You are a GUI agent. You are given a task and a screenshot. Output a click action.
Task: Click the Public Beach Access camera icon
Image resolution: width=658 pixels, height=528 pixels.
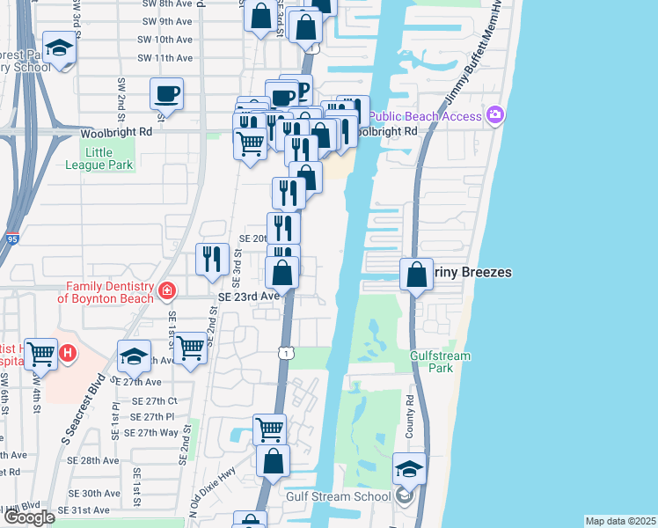[495, 116]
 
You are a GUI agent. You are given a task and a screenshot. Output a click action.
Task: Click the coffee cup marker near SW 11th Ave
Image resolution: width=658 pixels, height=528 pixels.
[167, 93]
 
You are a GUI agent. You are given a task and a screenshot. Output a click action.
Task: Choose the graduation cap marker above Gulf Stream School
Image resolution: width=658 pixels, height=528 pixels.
[409, 468]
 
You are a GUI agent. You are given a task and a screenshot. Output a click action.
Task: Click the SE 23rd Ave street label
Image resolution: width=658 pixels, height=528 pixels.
[249, 297]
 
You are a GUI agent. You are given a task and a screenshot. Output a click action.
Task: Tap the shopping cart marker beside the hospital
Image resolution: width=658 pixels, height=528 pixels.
[41, 354]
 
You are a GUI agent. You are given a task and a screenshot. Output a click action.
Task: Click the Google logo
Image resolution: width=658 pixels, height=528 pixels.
[28, 517]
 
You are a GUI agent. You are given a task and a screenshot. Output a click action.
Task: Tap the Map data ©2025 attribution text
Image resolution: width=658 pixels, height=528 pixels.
[621, 521]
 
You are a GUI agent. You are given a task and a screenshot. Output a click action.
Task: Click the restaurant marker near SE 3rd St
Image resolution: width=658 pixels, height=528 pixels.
[212, 259]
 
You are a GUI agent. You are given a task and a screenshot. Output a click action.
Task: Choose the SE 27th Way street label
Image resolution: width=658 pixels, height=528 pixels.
[151, 432]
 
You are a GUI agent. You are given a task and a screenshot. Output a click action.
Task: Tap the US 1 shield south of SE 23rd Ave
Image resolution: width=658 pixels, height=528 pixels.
[285, 352]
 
